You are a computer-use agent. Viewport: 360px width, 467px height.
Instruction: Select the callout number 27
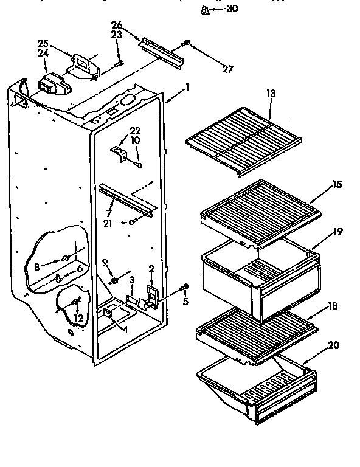pos(228,69)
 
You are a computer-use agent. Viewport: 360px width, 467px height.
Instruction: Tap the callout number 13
pos(271,94)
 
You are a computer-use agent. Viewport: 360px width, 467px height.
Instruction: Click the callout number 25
pos(42,43)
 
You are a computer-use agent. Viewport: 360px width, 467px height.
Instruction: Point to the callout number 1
pos(187,87)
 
